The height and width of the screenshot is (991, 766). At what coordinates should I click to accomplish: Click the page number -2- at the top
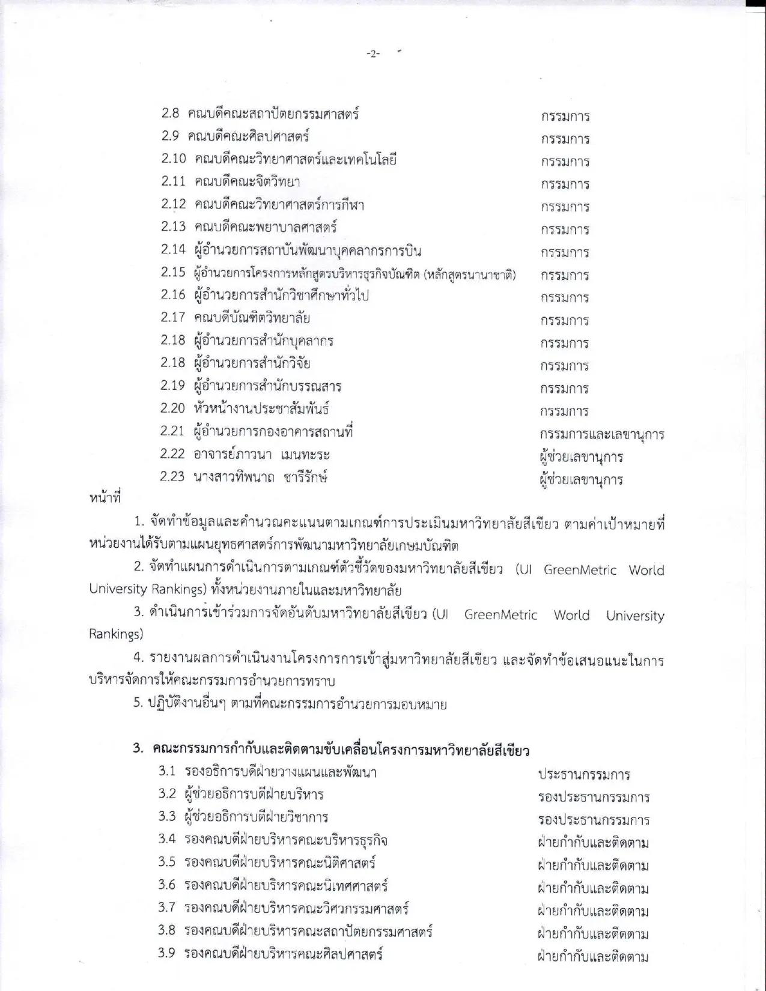(373, 54)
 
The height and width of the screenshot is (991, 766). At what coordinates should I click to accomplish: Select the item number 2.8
(170, 113)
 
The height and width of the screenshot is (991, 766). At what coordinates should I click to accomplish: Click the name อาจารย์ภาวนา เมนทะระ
(261, 455)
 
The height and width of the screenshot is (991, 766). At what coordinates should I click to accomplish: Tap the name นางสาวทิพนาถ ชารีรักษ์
(260, 477)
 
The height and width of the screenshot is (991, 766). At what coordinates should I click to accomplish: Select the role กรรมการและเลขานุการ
(601, 434)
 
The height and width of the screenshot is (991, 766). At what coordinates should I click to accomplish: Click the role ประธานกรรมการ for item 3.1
(583, 774)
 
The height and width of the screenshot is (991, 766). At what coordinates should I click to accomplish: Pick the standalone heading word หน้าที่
(105, 498)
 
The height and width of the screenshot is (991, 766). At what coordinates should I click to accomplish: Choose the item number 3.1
(167, 771)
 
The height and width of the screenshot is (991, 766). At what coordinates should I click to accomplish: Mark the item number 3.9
(167, 953)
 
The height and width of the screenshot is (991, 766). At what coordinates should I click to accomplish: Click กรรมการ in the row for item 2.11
(565, 184)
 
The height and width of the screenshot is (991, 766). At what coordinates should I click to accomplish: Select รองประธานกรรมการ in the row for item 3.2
(594, 797)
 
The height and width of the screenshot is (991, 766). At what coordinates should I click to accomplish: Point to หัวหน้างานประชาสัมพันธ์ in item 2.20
(262, 409)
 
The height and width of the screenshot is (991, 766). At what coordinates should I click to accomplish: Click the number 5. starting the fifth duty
(138, 703)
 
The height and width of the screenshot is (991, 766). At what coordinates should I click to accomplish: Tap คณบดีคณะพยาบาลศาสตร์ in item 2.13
(266, 227)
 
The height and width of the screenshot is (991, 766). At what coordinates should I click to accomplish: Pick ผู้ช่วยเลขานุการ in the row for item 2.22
(581, 457)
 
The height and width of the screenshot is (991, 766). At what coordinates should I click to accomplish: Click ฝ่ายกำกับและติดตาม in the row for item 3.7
(593, 911)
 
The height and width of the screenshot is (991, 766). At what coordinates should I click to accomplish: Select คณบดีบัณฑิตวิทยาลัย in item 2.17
(252, 318)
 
